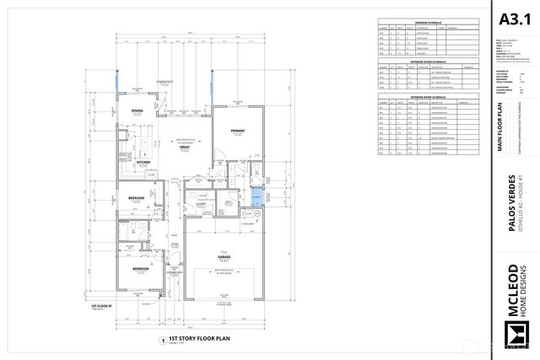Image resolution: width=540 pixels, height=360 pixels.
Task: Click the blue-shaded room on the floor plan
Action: click(x=257, y=199)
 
